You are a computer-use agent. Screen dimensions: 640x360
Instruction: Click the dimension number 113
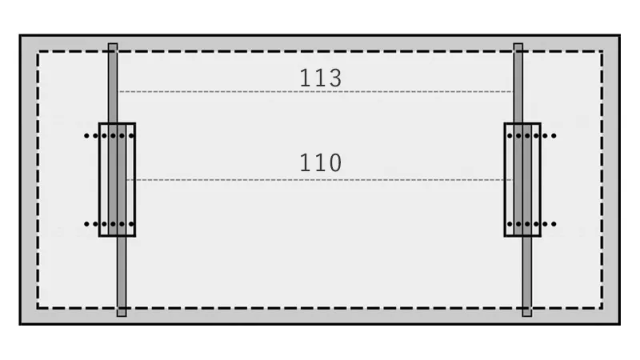click(321, 78)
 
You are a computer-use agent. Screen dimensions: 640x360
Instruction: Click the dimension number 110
click(321, 162)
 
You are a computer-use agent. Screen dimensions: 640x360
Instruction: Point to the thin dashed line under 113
click(315, 92)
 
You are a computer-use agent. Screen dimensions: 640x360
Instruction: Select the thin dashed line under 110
click(318, 180)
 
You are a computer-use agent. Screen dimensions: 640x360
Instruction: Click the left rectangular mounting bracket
click(99, 179)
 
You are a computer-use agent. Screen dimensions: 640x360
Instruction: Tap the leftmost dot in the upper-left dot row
click(86, 136)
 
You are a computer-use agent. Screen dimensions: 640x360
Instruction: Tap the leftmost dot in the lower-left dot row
click(86, 224)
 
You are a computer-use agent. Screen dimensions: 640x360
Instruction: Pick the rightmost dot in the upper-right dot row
click(554, 136)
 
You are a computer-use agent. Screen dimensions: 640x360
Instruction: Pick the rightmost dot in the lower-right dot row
click(554, 224)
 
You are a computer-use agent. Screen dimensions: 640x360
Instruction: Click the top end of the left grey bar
click(113, 44)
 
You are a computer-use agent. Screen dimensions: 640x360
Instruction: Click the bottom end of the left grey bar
click(122, 316)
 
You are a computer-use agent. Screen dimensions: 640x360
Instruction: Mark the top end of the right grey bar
click(518, 44)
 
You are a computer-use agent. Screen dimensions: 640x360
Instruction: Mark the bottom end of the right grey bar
click(527, 316)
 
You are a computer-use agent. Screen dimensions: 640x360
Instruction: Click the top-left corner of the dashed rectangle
click(38, 51)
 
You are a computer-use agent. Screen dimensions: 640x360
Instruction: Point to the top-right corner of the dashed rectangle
click(602, 51)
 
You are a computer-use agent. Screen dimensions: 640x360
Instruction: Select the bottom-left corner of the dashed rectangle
click(38, 308)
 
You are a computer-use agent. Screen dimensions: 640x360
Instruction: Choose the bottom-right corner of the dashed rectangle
click(602, 308)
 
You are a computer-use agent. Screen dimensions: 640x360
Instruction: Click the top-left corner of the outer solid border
click(20, 35)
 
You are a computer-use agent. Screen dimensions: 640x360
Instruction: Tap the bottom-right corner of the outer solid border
click(619, 324)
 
